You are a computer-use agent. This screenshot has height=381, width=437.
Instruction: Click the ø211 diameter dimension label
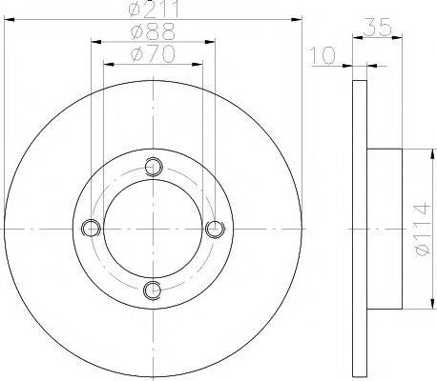pyautogui.click(x=154, y=9)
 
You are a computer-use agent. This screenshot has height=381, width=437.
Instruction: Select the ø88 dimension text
pyautogui.click(x=154, y=31)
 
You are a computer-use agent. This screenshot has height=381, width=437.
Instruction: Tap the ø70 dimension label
pyautogui.click(x=153, y=54)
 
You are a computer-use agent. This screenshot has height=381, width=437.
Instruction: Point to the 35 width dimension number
pyautogui.click(x=377, y=27)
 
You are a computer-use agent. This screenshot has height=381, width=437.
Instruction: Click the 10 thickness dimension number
pyautogui.click(x=323, y=55)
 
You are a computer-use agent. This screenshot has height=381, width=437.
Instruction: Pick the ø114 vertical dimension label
pyautogui.click(x=423, y=230)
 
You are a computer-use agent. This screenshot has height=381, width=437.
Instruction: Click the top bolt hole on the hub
pyautogui.click(x=154, y=167)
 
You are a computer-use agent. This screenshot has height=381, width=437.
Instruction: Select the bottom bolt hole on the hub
pyautogui.click(x=153, y=291)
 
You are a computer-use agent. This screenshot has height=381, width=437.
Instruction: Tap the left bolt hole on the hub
pyautogui.click(x=91, y=228)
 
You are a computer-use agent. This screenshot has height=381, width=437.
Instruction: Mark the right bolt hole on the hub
pyautogui.click(x=215, y=229)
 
